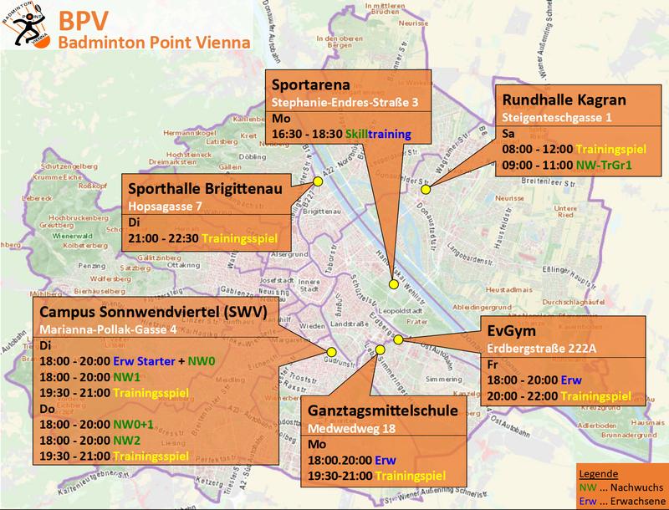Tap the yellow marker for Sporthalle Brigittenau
click(x=318, y=181)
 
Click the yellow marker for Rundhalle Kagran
click(x=425, y=190)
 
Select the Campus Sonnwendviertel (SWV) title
click(x=146, y=313)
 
